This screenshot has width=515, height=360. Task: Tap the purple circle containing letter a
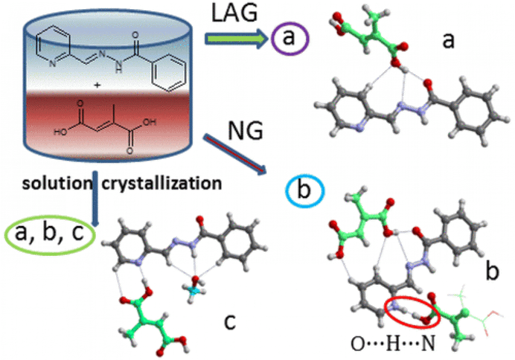(x=289, y=39)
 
